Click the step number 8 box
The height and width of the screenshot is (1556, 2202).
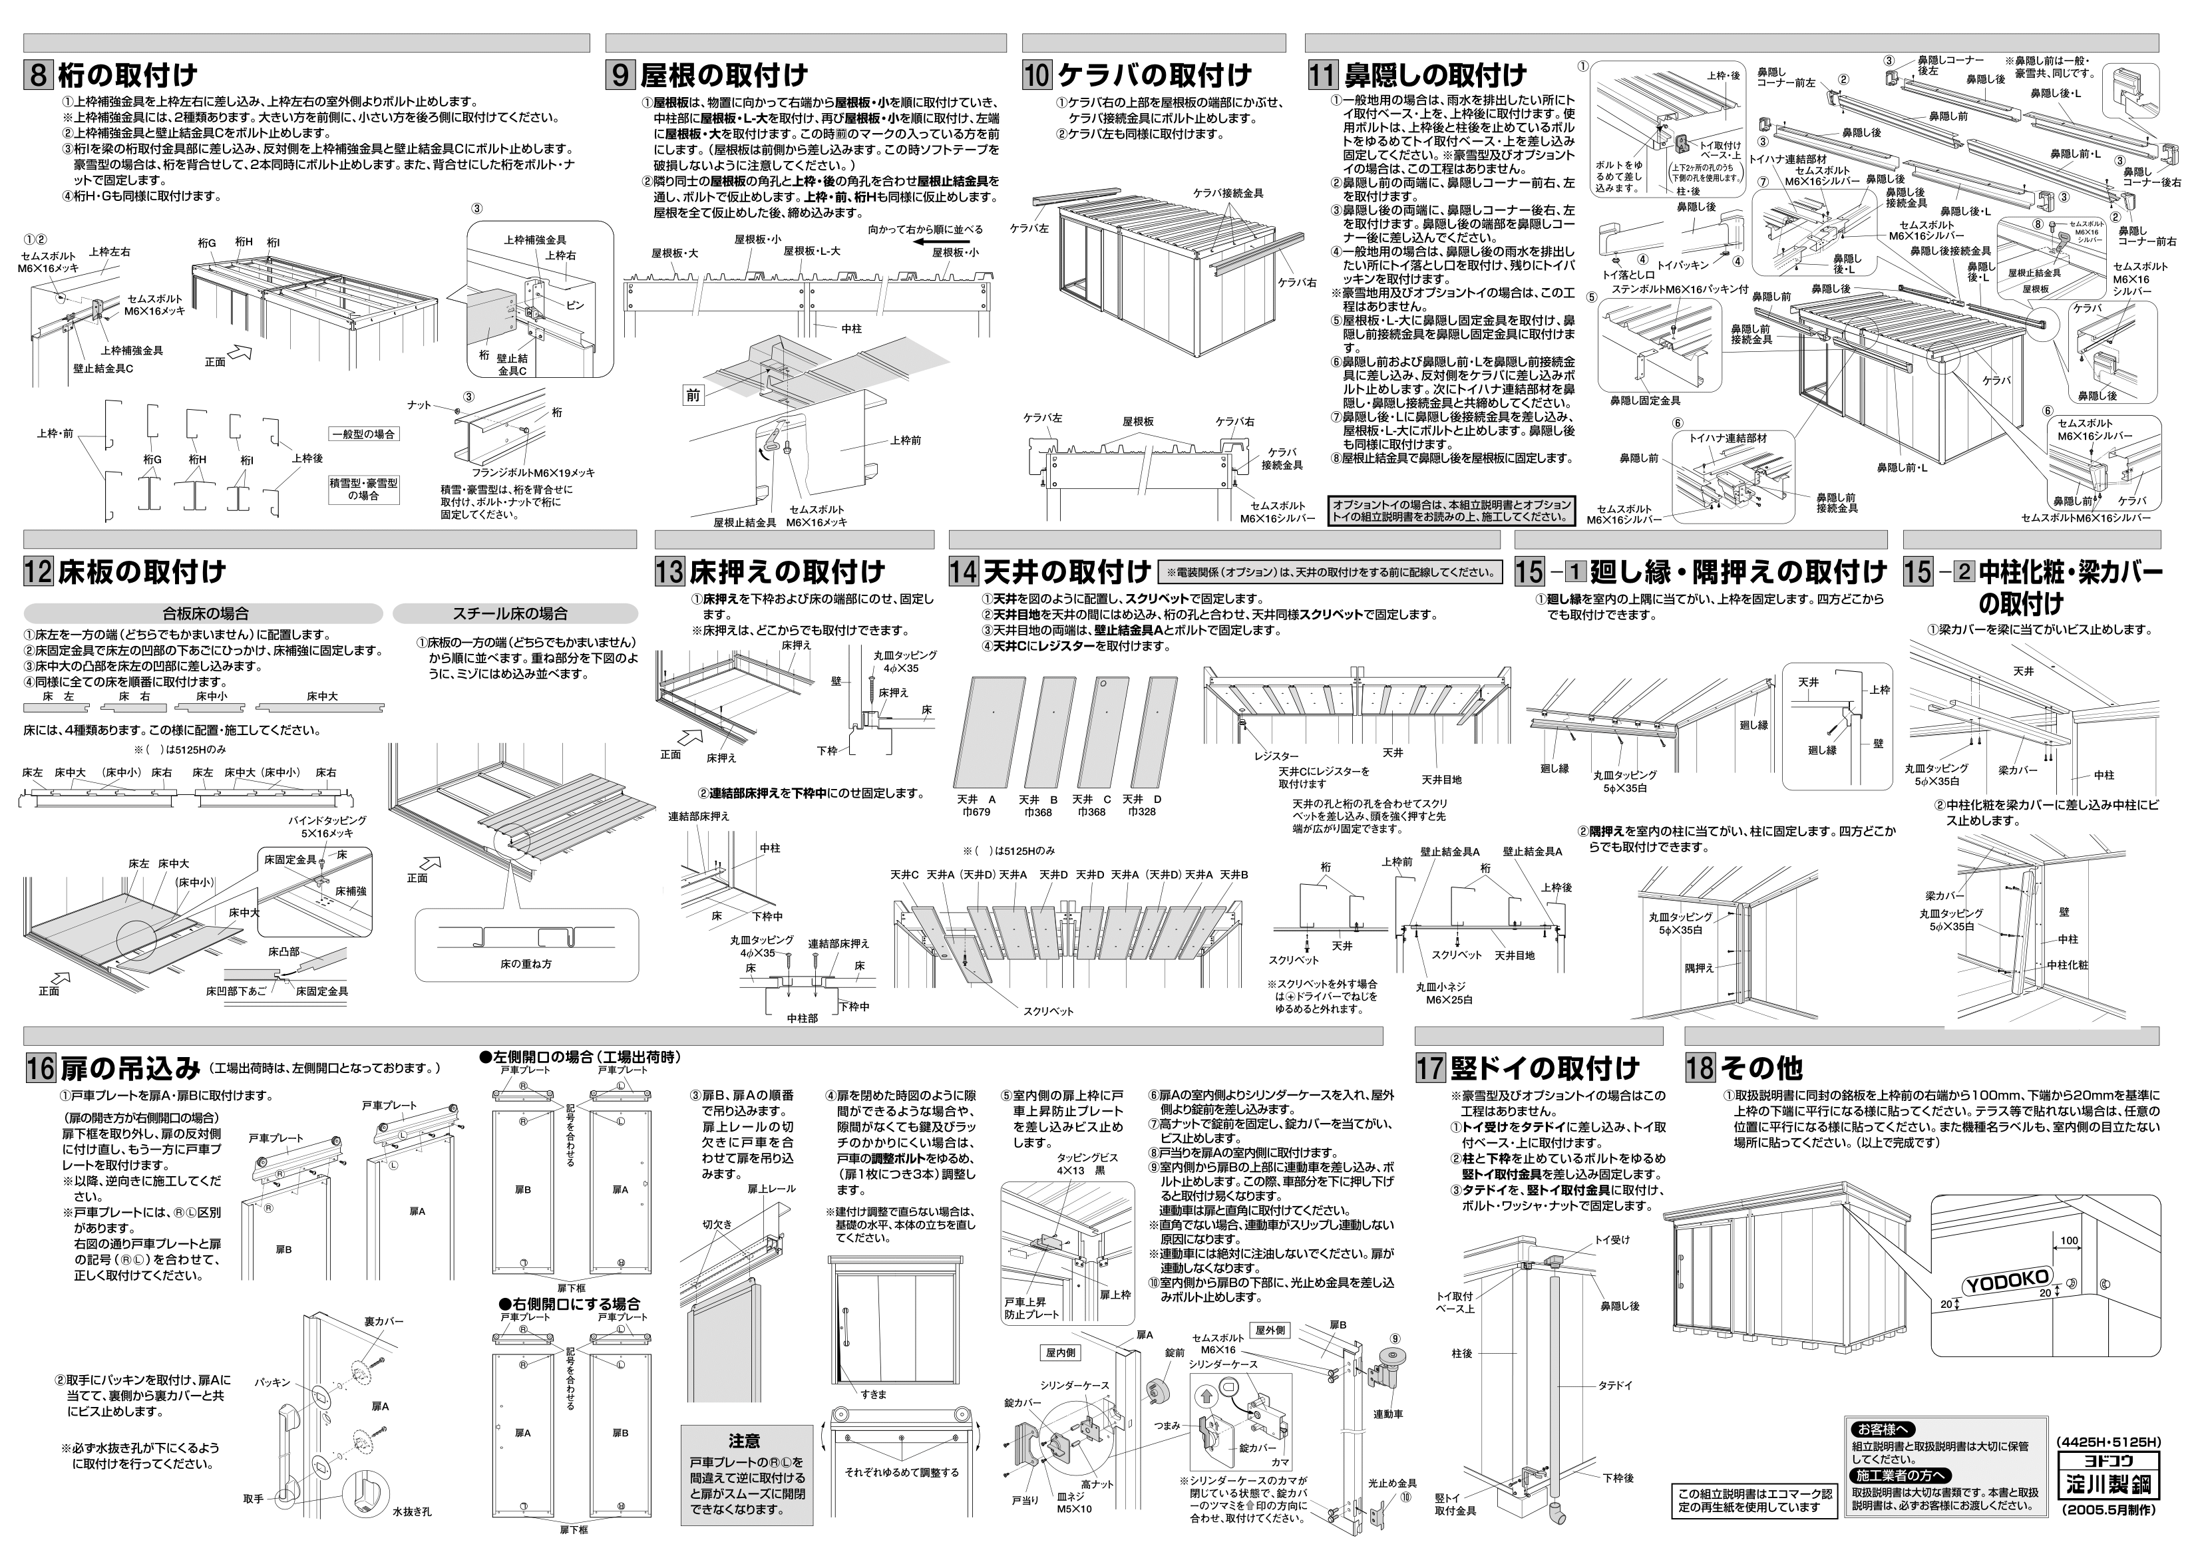tap(37, 75)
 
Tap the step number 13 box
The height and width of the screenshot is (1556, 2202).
tap(669, 572)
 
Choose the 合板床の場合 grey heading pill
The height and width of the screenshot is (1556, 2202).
tap(205, 613)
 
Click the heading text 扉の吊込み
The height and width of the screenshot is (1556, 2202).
tap(130, 1068)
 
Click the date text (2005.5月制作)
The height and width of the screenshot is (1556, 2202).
tap(2107, 1536)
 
